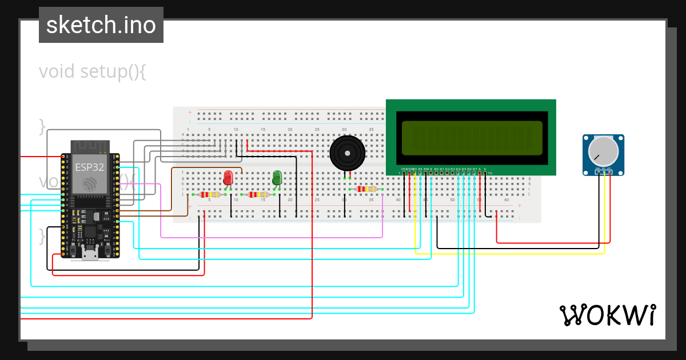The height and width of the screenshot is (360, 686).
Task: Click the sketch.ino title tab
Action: point(101,25)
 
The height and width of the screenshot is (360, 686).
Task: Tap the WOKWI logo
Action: point(607,315)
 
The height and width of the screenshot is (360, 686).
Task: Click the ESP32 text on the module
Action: point(90,167)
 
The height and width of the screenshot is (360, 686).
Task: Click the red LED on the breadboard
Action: point(228,177)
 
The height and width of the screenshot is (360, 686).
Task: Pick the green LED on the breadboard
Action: point(277,177)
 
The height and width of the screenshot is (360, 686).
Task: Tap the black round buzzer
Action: point(346,153)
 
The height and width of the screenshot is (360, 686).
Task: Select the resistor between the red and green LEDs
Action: point(257,195)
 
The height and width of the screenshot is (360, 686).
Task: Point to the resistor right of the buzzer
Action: point(366,189)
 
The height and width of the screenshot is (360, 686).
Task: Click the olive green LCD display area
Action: point(472,138)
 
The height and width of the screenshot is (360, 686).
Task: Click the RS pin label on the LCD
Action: point(420,169)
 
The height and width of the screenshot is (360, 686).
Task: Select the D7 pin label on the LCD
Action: point(474,169)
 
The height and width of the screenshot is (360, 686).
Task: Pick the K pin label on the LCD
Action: point(485,169)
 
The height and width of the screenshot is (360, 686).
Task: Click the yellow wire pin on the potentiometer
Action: point(604,172)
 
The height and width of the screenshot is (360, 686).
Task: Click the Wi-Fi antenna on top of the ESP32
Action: point(90,147)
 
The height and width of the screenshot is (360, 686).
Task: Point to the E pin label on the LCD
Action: point(431,169)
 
